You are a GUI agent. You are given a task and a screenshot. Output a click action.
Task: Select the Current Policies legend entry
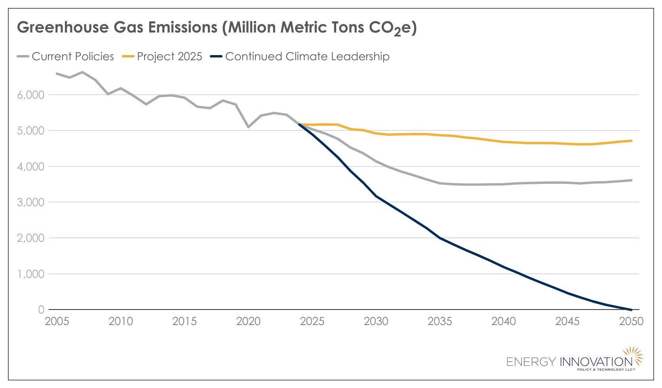66,57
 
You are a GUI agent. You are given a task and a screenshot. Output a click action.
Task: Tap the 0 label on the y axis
41,310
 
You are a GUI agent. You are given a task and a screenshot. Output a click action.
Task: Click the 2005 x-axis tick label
57,321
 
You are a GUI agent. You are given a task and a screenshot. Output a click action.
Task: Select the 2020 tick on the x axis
248,321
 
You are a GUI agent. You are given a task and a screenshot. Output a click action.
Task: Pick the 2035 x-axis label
439,321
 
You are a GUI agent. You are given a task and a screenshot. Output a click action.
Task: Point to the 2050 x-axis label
631,321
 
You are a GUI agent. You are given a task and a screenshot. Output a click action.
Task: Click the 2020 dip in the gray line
248,127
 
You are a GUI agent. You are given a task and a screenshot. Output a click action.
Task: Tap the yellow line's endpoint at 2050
631,141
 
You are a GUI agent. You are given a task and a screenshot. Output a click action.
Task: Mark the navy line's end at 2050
631,310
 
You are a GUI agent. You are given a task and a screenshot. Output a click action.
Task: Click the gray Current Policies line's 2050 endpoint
631,180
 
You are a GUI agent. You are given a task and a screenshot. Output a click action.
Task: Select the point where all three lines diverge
300,124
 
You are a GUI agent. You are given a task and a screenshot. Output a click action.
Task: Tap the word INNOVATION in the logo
596,362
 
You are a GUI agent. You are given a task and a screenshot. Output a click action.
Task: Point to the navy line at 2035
439,238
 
